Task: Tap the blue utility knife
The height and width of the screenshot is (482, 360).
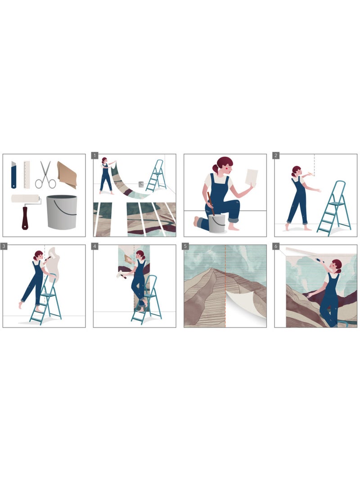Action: pos(13,175)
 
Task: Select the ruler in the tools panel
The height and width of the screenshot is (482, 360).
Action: pos(27,175)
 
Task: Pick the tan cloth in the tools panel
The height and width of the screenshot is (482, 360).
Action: pos(67,175)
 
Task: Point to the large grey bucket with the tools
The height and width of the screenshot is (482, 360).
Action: pos(62,212)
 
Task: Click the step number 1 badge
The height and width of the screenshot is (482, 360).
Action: pos(95,155)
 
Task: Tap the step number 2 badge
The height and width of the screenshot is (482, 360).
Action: pos(276,155)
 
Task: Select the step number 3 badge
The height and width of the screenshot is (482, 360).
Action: pos(4,246)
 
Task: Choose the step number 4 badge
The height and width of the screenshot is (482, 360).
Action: pos(95,246)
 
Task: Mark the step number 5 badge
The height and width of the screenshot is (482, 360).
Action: pos(185,246)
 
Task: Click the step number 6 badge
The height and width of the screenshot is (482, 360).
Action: pos(276,246)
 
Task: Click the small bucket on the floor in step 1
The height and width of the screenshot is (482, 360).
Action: pos(141,184)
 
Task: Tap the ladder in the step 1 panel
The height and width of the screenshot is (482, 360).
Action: pos(157,176)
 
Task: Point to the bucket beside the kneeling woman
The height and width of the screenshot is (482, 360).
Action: pos(216,223)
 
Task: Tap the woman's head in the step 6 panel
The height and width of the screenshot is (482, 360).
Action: pos(337,266)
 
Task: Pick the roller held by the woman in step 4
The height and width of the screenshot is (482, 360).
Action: pos(121,274)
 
